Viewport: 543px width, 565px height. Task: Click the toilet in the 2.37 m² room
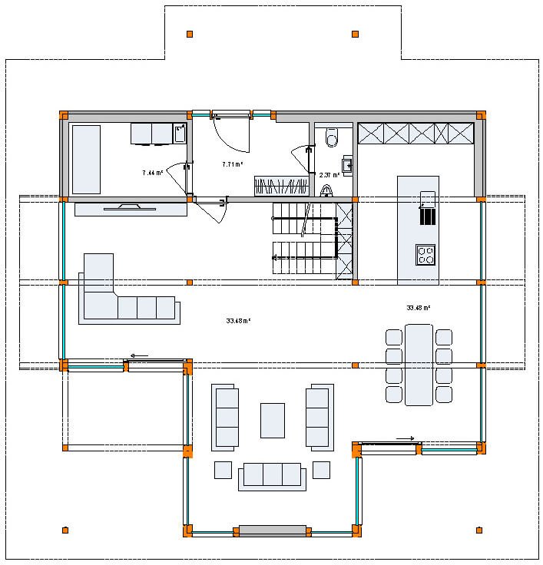tap(332, 137)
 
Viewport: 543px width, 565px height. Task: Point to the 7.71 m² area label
tap(233, 164)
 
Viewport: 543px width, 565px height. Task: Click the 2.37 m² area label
tap(329, 175)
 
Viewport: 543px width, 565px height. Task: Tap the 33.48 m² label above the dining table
tap(418, 308)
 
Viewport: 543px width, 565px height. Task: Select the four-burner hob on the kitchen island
tap(425, 254)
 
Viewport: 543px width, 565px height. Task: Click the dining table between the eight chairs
tap(419, 364)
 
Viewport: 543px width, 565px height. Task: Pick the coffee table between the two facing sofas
tap(273, 420)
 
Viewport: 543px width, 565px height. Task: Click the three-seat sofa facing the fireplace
tap(272, 475)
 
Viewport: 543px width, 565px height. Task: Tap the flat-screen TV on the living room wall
tap(131, 207)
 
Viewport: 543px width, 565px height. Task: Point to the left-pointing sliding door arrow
tap(139, 355)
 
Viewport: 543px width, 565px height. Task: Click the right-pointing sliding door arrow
tap(405, 438)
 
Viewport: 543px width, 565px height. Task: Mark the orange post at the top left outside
tap(190, 34)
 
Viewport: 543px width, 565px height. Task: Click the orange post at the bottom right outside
tap(479, 530)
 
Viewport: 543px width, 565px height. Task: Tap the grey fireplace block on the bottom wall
tap(272, 530)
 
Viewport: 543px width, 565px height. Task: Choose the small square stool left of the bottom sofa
tap(223, 469)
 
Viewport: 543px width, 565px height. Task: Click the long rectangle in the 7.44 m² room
tap(86, 159)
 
